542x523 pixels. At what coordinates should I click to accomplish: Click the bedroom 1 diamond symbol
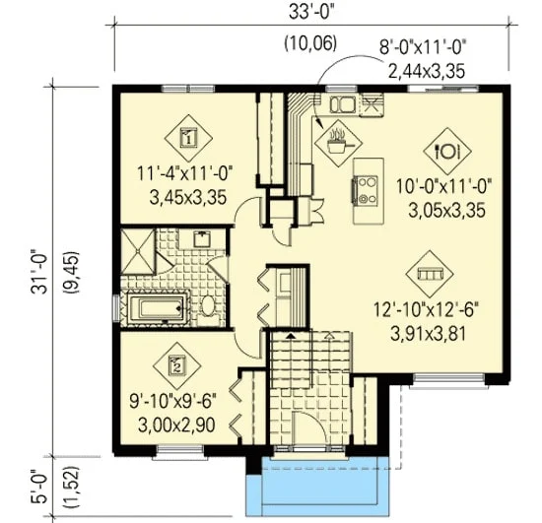tap(188, 138)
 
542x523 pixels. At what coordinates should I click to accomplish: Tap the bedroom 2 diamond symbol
tap(177, 365)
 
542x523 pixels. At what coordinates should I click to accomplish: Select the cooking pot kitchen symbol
tap(338, 143)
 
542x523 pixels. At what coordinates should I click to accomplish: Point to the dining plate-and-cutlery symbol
tap(447, 151)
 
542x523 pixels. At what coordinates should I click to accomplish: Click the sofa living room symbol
tap(430, 274)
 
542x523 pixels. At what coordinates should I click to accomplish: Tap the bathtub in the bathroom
tap(160, 308)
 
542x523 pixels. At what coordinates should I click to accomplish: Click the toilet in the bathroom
tap(209, 306)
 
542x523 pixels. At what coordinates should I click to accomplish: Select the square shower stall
tap(138, 251)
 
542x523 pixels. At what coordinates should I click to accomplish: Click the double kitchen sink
tap(343, 104)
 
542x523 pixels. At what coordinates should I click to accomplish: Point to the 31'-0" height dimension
tap(38, 271)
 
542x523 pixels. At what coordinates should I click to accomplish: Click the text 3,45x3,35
tap(188, 198)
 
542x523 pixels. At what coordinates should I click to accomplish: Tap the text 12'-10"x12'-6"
tap(427, 310)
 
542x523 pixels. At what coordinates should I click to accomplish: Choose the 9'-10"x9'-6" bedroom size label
tap(172, 403)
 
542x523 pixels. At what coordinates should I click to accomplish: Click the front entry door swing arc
tap(315, 420)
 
